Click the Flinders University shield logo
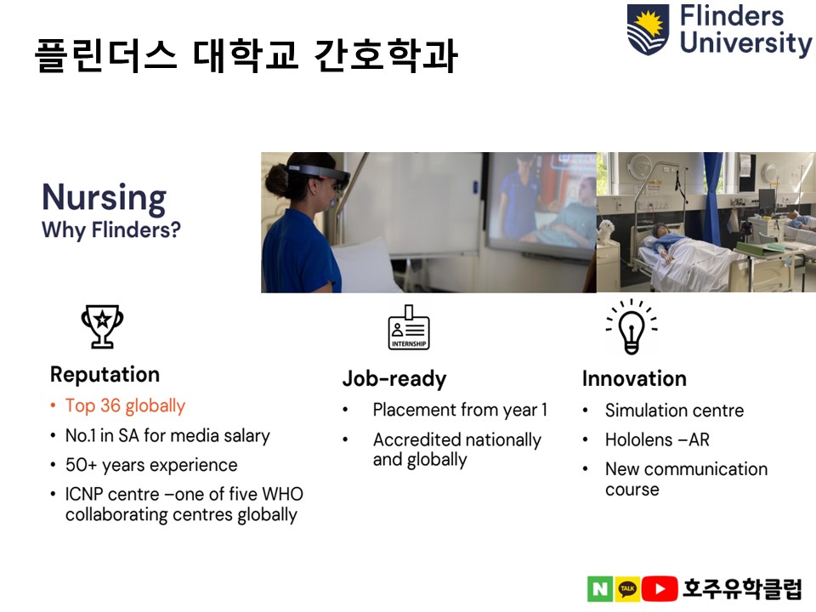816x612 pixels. pyautogui.click(x=648, y=29)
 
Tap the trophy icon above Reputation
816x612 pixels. pyautogui.click(x=102, y=326)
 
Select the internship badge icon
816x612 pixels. pyautogui.click(x=409, y=327)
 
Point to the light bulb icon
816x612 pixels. pyautogui.click(x=632, y=326)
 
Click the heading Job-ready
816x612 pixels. pyautogui.click(x=394, y=379)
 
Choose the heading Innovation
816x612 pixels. pyautogui.click(x=634, y=378)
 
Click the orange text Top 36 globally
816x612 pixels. pyautogui.click(x=125, y=406)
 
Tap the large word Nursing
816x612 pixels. pyautogui.click(x=104, y=198)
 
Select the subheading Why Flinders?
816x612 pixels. pyautogui.click(x=110, y=230)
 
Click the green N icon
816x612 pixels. pyautogui.click(x=600, y=588)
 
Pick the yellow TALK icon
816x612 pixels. pyautogui.click(x=627, y=588)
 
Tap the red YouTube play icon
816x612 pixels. pyautogui.click(x=660, y=588)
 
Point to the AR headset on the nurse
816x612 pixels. pyautogui.click(x=319, y=174)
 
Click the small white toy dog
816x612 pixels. pyautogui.click(x=605, y=231)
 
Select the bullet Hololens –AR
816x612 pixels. pyautogui.click(x=657, y=440)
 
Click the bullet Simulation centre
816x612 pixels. pyautogui.click(x=674, y=411)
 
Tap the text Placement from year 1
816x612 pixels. pyautogui.click(x=460, y=410)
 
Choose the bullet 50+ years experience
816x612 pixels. pyautogui.click(x=151, y=465)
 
